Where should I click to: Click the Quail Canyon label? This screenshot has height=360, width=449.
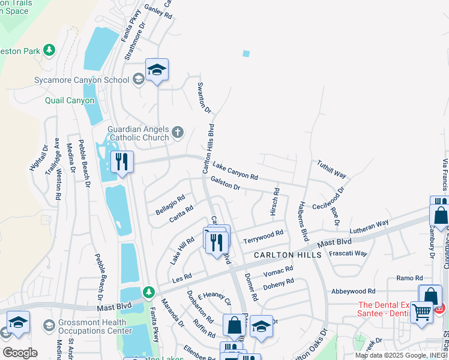coord(70,100)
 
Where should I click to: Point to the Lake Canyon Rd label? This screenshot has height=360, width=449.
coord(235,172)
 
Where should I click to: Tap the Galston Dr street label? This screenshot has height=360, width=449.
coord(225,187)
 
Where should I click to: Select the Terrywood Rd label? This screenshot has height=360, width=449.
coord(263,237)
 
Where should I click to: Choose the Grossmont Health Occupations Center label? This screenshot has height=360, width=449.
coord(95,326)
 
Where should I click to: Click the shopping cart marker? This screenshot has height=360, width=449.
coord(422,311)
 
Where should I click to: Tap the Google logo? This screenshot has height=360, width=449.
coord(20,352)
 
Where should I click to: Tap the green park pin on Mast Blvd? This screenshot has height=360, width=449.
coord(148,292)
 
